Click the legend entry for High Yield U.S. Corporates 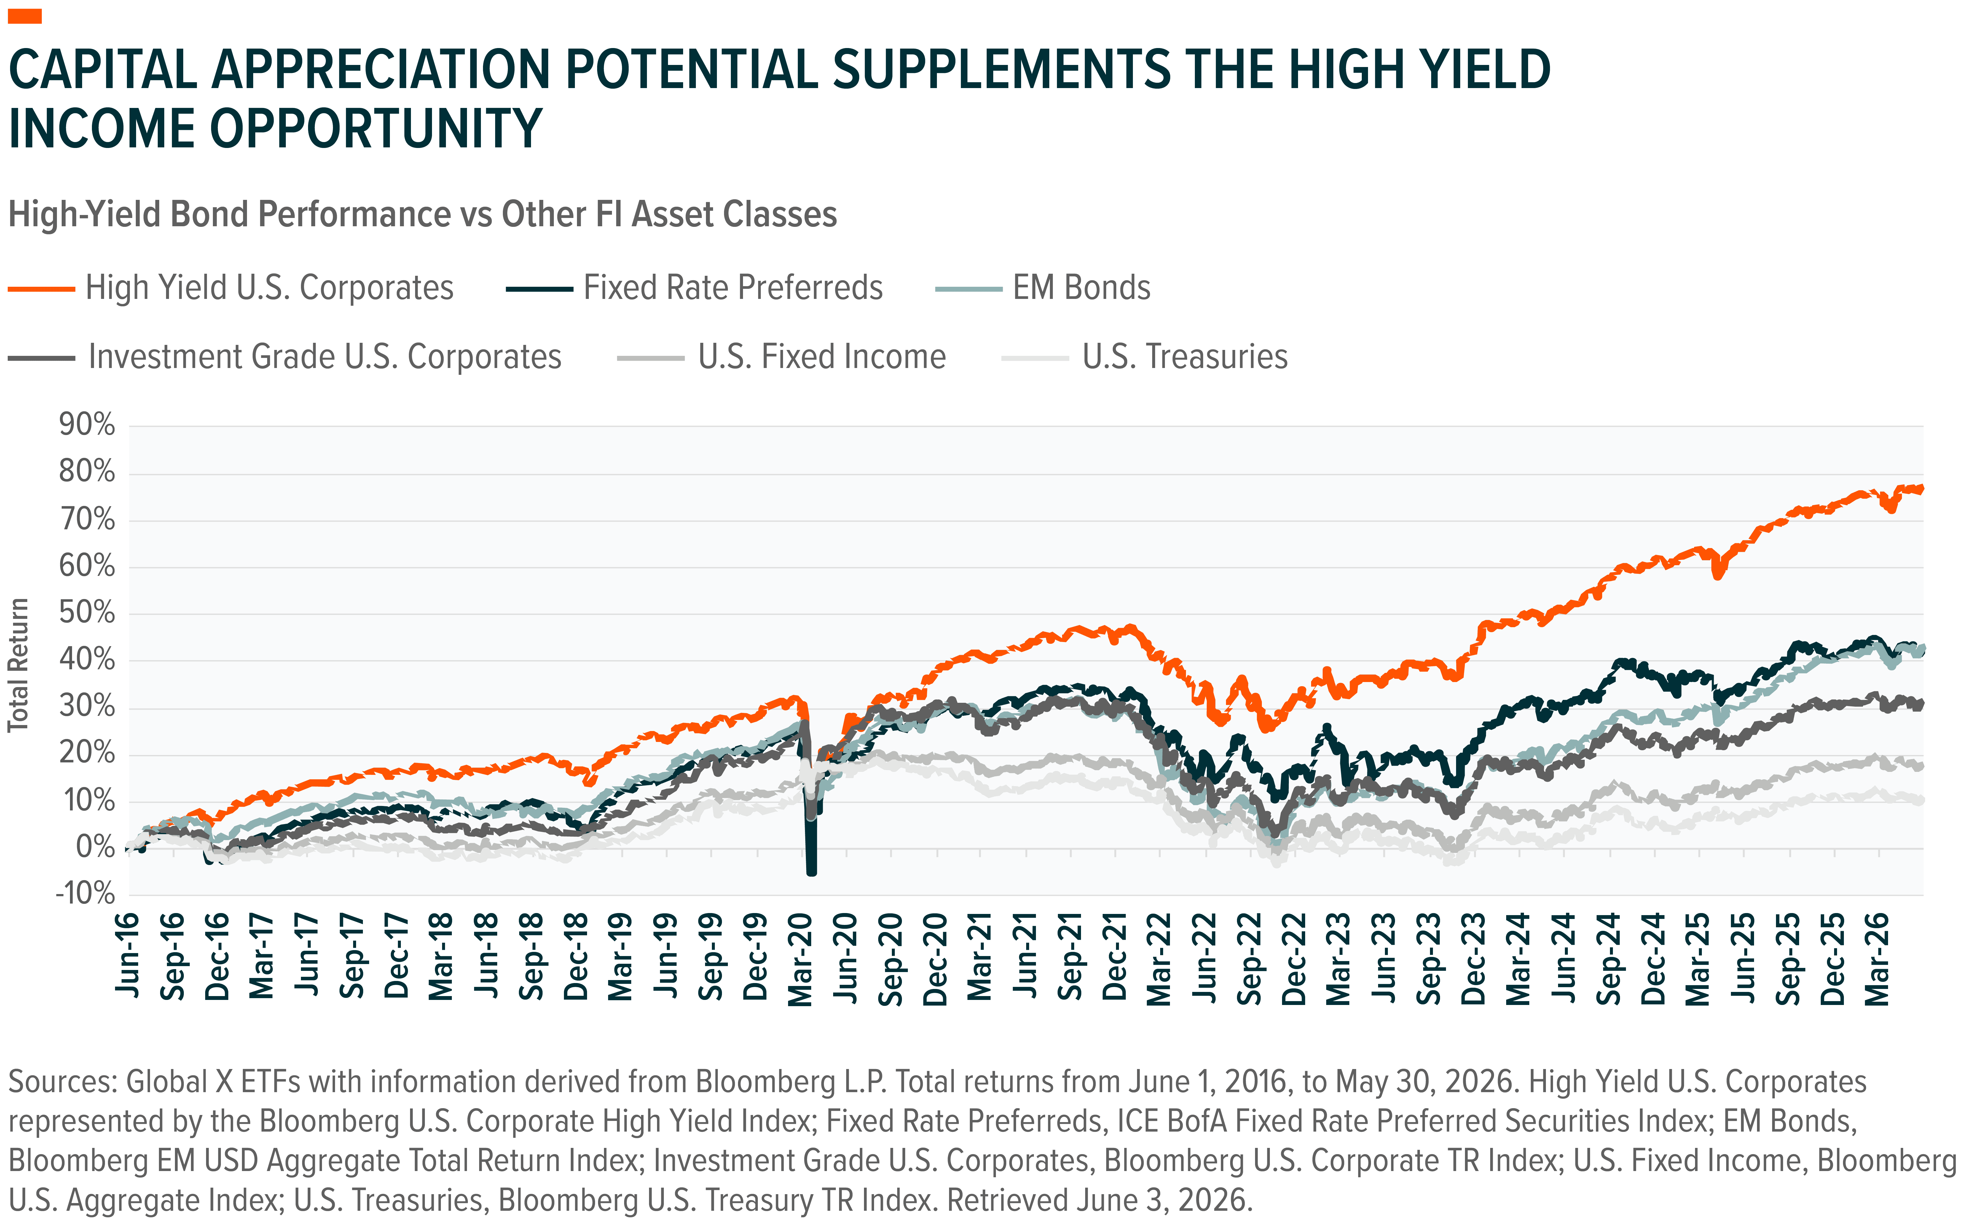[231, 288]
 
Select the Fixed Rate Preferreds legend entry [694, 288]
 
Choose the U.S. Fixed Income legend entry [782, 356]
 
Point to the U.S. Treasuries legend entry [1144, 356]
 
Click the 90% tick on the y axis [87, 425]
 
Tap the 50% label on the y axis [87, 613]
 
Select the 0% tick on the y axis [95, 848]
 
